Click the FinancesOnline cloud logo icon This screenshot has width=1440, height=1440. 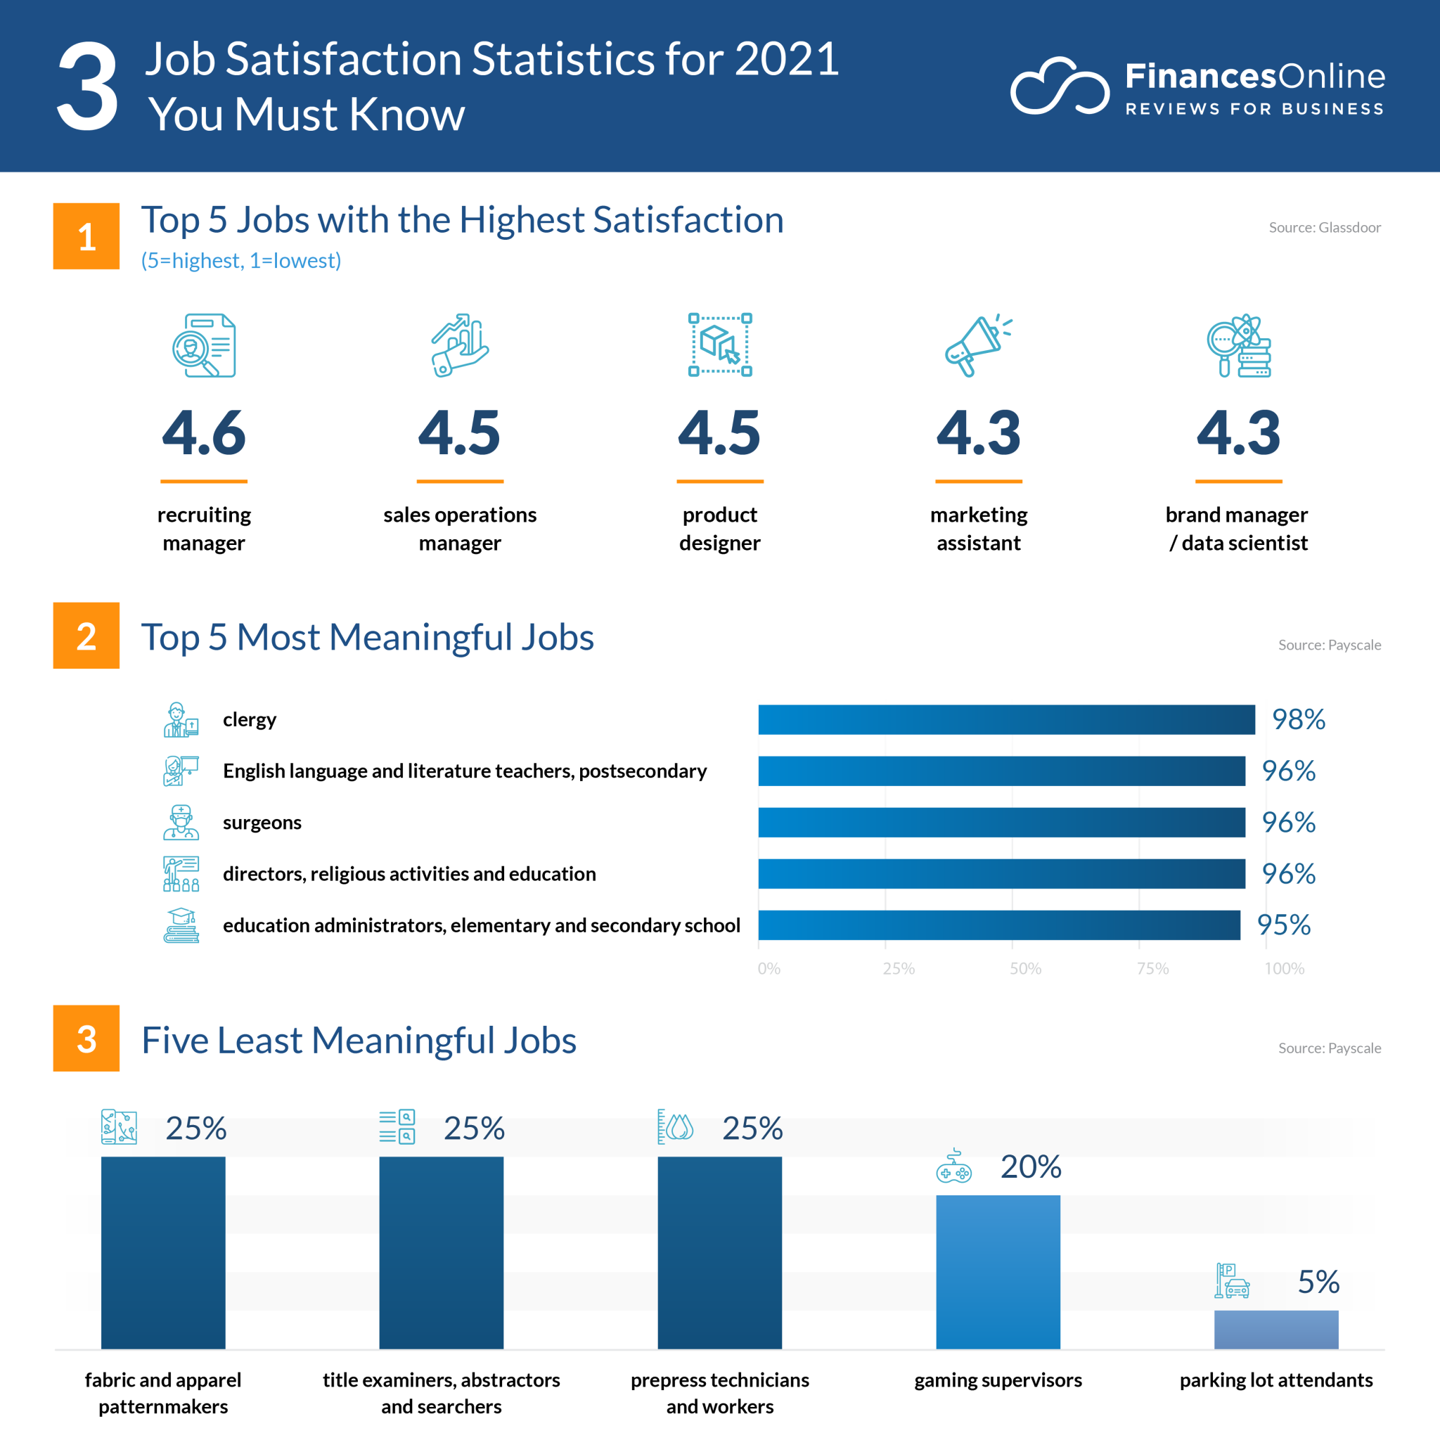click(1058, 86)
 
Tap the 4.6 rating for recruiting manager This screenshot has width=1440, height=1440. click(203, 433)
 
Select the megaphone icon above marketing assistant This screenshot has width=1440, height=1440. click(977, 345)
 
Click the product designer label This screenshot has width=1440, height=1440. click(719, 529)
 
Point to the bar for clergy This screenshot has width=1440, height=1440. click(1006, 719)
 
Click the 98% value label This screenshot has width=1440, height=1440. click(1299, 719)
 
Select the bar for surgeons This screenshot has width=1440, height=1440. click(1001, 822)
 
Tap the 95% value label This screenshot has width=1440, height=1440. click(1283, 925)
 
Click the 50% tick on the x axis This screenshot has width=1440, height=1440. click(1025, 968)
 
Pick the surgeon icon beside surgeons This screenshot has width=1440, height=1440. click(181, 822)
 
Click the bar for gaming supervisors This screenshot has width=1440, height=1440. click(997, 1271)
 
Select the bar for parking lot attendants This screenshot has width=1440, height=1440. click(1276, 1329)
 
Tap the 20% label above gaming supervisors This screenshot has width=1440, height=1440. click(1030, 1166)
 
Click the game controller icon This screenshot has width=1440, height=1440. click(953, 1166)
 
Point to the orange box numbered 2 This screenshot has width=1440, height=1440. click(86, 636)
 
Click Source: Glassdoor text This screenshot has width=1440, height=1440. click(1325, 227)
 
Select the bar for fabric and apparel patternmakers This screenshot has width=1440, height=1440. click(163, 1252)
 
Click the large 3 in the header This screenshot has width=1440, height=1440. click(87, 86)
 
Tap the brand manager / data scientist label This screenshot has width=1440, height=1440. click(1237, 529)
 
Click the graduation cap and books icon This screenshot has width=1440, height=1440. click(181, 925)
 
